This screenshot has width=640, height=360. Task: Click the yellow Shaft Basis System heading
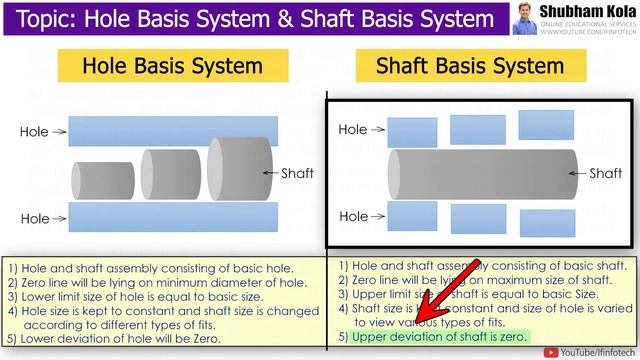tap(469, 67)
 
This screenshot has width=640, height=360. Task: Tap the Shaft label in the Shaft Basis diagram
tap(605, 173)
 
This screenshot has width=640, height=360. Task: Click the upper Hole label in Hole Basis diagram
tap(36, 131)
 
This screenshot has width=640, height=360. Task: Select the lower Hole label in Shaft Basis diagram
tap(353, 216)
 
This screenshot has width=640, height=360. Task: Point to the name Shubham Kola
tap(586, 11)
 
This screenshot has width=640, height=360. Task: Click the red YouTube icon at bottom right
tap(550, 351)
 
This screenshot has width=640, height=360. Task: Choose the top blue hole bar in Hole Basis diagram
tap(174, 130)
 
